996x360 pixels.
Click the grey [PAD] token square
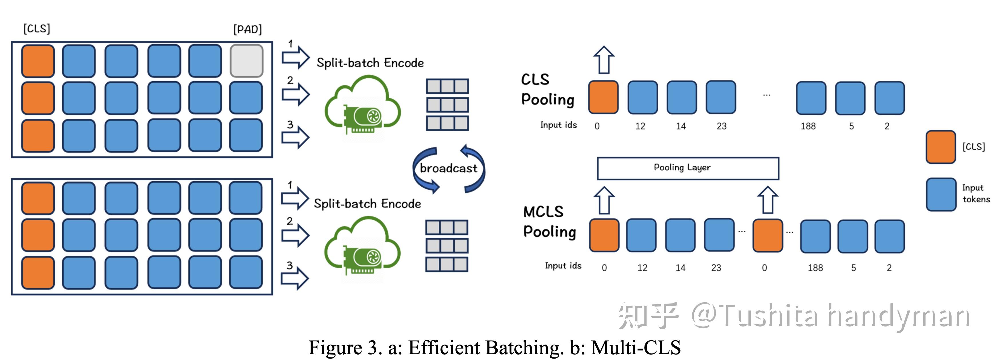coord(246,61)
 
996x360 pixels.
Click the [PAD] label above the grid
coord(248,29)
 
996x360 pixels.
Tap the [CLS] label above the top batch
coord(37,29)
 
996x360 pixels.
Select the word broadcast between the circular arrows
coord(448,169)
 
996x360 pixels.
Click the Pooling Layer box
coord(687,168)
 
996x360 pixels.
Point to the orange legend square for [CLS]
coord(940,147)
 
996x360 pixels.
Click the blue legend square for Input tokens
coord(940,194)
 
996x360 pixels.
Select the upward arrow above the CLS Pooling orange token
coord(604,60)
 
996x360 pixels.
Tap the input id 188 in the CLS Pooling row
coord(808,126)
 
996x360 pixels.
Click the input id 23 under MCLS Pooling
coord(716,268)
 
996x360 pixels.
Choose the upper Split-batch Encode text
coord(370,63)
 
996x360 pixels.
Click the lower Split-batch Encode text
coord(367,203)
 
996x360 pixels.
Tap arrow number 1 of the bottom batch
coord(295,198)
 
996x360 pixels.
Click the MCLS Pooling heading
coord(549,221)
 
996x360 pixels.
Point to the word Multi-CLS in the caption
coord(636,347)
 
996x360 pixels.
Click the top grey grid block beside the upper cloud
coord(447,86)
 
